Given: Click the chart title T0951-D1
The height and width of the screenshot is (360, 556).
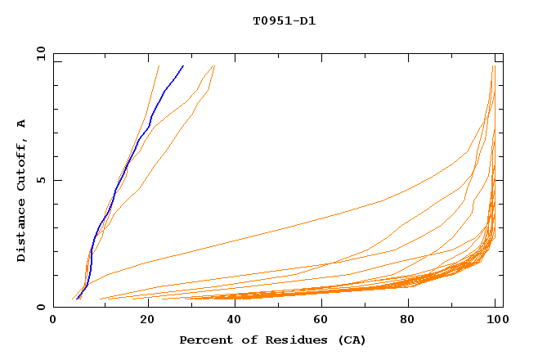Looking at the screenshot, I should coord(284,21).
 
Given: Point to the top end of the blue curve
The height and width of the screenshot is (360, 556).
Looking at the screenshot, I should coord(183,65).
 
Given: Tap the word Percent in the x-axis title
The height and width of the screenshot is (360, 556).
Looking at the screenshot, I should coord(204,340).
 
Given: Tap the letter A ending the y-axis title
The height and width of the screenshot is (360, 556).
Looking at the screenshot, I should coord(21,123).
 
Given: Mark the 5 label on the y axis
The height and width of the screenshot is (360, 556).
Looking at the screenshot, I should coord(40,180).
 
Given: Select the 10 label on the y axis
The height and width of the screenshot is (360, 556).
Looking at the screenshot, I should coord(38,52).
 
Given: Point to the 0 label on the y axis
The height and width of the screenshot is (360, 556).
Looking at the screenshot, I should coord(40,308).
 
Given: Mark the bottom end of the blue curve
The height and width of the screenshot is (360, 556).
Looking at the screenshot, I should coord(77,299).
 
